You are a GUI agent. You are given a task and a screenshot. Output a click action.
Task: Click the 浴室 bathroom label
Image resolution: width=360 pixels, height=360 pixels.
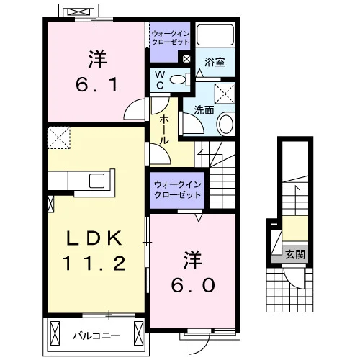pos(215,62)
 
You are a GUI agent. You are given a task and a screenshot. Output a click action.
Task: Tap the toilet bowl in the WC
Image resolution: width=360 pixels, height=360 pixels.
pos(178,80)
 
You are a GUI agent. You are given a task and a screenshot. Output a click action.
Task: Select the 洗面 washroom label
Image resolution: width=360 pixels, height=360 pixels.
pos(204,110)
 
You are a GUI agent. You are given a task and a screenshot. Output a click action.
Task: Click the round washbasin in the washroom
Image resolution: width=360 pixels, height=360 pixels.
pos(226,124)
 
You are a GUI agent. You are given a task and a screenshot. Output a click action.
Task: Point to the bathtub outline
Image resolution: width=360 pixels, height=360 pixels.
pos(215,34)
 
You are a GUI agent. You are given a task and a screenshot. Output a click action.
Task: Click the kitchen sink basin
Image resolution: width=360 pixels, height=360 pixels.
pos(96,181)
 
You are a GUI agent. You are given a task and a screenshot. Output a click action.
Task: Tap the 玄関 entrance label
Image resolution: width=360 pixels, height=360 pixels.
pos(295,254)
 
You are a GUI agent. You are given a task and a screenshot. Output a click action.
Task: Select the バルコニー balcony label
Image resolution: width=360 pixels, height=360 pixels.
pos(96,336)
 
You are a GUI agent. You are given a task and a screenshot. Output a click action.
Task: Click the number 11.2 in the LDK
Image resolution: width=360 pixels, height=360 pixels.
pos(94,263)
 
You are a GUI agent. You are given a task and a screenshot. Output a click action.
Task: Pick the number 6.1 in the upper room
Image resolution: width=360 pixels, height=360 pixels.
pos(96,84)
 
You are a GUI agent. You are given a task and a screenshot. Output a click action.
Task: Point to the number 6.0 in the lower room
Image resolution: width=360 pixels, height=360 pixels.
pos(193,285)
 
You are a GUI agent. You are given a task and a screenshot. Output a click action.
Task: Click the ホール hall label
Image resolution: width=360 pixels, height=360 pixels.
pos(164,130)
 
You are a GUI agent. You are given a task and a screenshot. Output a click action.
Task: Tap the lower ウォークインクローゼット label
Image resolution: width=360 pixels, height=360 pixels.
pos(178,189)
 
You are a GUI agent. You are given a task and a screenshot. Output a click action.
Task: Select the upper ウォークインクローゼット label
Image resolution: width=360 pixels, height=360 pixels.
pos(171,37)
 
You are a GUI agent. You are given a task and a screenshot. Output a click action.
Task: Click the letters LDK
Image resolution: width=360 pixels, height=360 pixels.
pos(94,238)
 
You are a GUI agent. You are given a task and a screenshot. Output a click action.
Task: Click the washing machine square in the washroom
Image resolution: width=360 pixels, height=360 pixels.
pos(225,94)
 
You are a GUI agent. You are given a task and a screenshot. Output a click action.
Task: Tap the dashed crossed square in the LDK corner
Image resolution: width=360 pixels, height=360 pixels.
pos(59,138)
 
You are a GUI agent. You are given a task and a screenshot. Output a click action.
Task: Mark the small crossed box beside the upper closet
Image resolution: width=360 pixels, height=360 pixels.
pos(186,59)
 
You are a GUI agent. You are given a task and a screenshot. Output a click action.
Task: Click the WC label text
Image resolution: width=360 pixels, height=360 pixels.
pos(160,80)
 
